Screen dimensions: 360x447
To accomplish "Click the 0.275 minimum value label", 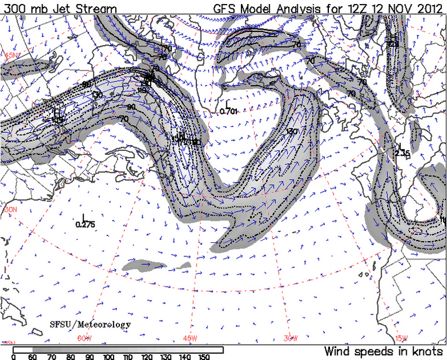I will [x=85, y=224].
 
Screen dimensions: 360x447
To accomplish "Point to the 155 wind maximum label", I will [x=57, y=119].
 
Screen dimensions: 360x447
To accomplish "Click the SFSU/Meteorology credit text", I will [x=90, y=324].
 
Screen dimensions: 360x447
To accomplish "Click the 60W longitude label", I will [x=84, y=338].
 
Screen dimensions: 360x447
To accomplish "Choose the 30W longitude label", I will [x=291, y=338].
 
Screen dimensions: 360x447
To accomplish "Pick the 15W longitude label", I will [x=402, y=338].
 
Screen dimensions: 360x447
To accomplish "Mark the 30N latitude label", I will [x=9, y=209].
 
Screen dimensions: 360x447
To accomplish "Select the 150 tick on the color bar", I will [x=203, y=357].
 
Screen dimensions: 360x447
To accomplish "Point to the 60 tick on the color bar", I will [x=33, y=357].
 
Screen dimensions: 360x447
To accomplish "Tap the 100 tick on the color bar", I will [x=108, y=357].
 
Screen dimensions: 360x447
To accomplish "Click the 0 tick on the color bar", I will [x=13, y=357].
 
